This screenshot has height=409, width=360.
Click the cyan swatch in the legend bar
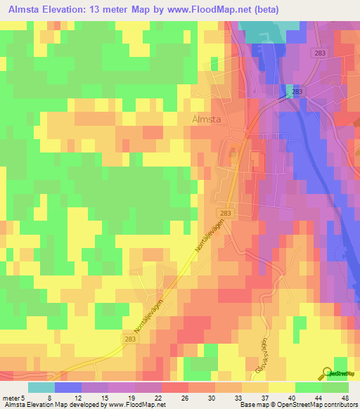tap(41, 387)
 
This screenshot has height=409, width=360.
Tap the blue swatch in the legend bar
tap(68, 387)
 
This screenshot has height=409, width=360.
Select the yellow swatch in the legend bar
tap(282, 387)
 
